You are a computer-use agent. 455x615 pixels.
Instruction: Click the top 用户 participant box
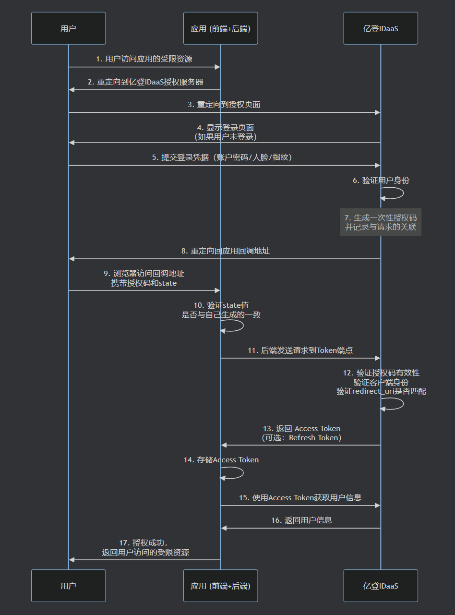(x=68, y=28)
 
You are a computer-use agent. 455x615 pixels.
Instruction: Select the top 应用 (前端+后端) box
(x=220, y=28)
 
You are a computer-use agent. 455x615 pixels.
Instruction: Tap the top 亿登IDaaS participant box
(x=381, y=28)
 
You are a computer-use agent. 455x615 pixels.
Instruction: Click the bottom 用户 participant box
(x=68, y=586)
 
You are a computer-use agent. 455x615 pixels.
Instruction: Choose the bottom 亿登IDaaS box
(x=381, y=586)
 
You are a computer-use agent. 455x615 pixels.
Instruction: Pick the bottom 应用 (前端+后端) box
(x=220, y=586)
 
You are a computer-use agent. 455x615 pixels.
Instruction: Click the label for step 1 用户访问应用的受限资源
(x=144, y=59)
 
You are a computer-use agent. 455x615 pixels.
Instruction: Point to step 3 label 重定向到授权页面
(x=224, y=104)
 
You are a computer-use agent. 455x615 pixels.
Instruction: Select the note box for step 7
(x=381, y=222)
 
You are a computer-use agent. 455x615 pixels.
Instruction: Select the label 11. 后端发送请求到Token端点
(x=300, y=350)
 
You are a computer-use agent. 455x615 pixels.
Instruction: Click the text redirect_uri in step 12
(x=373, y=391)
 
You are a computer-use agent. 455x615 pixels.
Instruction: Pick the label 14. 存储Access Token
(x=221, y=460)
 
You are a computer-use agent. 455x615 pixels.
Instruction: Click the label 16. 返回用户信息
(x=301, y=520)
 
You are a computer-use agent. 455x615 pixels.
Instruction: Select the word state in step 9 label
(x=168, y=283)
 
